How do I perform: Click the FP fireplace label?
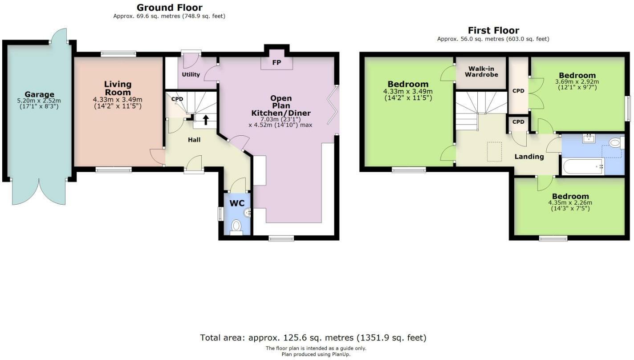point(276,63)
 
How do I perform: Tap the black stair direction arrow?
point(206,119)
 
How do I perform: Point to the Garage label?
point(39,94)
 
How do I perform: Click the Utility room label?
point(191,74)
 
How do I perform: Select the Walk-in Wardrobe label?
point(481,72)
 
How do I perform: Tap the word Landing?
point(529,157)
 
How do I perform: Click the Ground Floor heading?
point(169,8)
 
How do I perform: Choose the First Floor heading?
point(493,30)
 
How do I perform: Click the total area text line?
point(313,337)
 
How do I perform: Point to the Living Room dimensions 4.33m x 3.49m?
point(118,99)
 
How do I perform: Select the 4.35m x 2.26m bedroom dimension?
point(570,202)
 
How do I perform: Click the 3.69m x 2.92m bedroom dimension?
point(577,81)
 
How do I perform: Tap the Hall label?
point(194,140)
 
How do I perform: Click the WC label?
point(237,203)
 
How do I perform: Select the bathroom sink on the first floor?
point(589,138)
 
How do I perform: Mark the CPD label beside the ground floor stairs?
point(177,99)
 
